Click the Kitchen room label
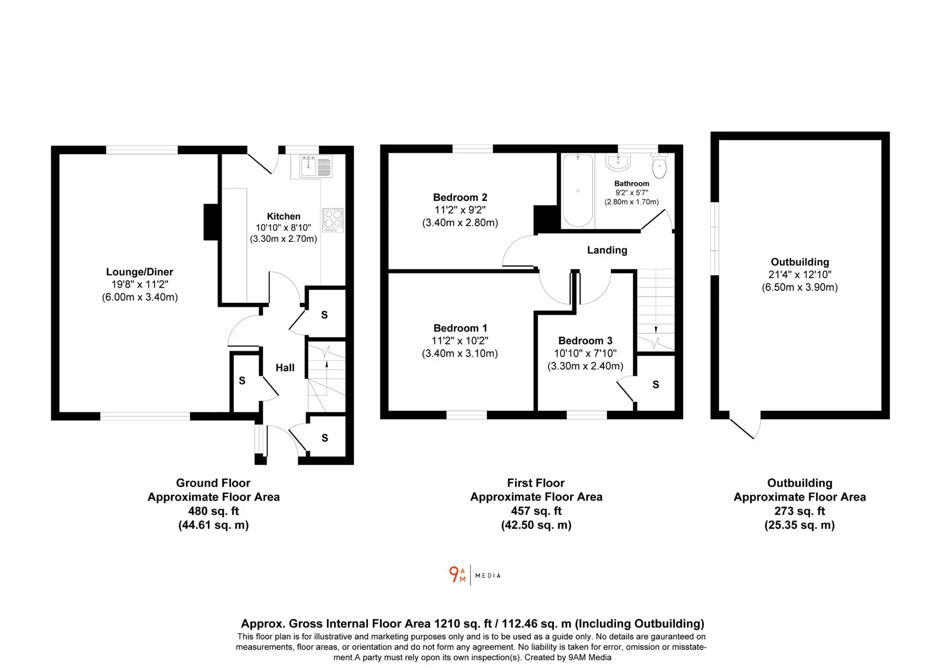point(283,217)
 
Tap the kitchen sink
point(316,166)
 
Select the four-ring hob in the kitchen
point(333,220)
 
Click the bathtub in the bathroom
point(578,191)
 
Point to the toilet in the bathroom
point(659,166)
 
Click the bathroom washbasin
point(618,162)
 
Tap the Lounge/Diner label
point(140,272)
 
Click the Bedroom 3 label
point(585,341)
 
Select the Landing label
point(607,250)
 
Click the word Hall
point(285,368)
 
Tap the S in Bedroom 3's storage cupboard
point(655,384)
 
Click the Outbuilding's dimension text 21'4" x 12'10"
point(800,275)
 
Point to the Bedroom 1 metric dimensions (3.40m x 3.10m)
point(460,353)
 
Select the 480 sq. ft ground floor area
point(213,511)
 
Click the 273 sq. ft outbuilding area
point(800,511)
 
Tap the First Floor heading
point(536,483)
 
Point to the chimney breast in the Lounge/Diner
point(211,222)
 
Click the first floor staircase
point(655,310)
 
